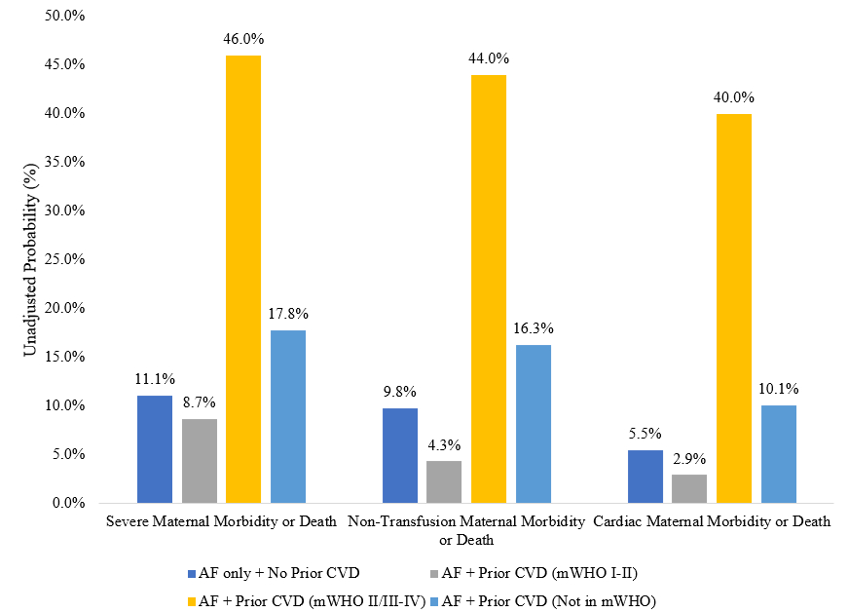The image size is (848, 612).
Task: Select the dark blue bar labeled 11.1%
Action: click(x=155, y=449)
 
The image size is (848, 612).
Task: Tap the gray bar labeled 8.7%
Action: click(x=200, y=461)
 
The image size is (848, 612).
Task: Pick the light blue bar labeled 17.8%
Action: click(x=288, y=416)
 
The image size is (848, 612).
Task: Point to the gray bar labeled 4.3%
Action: click(x=444, y=481)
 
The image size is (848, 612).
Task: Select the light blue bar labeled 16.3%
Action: click(x=534, y=424)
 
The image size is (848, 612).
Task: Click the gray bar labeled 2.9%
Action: click(x=689, y=488)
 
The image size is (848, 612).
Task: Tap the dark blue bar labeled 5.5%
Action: click(x=645, y=477)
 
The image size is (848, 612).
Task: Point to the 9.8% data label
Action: click(x=399, y=393)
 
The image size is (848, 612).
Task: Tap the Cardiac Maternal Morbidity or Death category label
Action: click(x=712, y=521)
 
